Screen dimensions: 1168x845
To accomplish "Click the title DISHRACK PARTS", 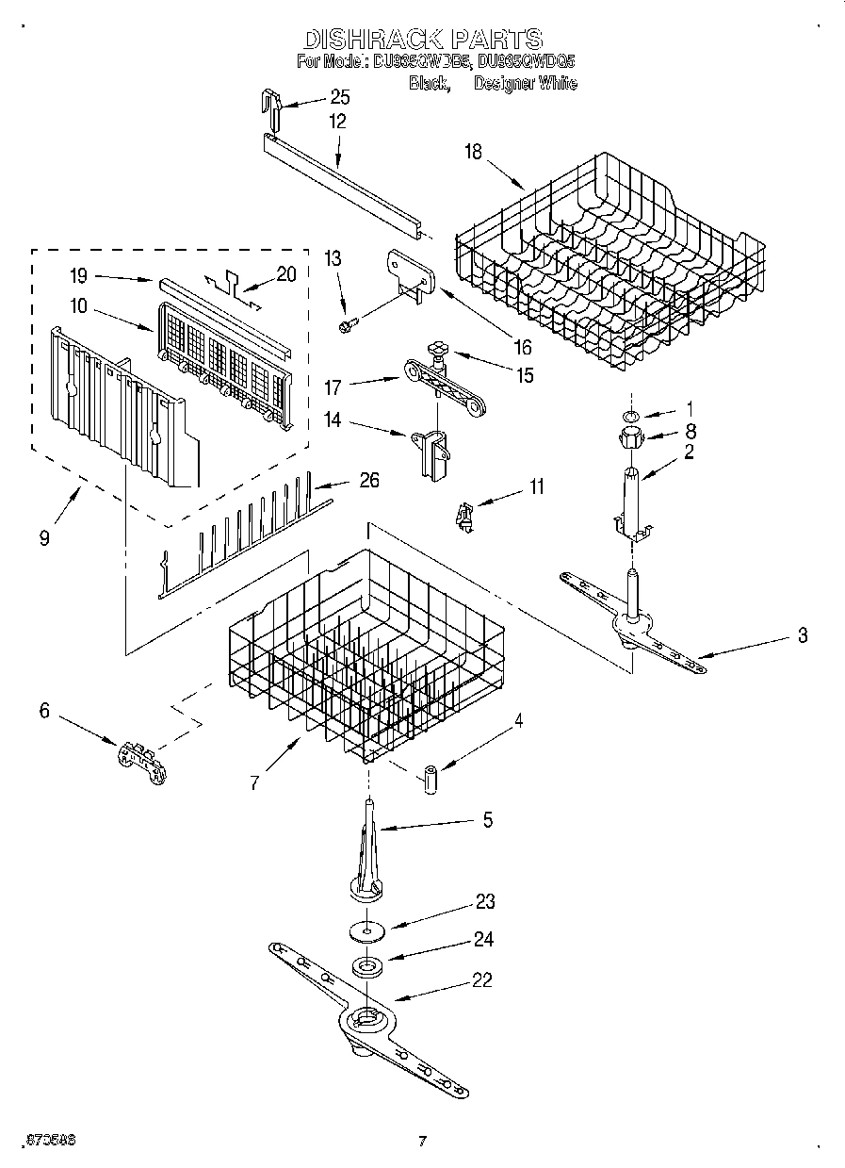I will click(422, 39).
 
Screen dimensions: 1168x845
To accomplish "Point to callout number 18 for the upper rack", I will click(472, 152).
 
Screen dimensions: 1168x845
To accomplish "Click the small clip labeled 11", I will click(463, 517).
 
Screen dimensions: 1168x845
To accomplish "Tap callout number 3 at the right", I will click(802, 635).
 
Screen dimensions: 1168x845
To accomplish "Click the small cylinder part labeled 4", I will click(431, 780).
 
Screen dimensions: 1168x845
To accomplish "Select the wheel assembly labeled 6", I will click(141, 760).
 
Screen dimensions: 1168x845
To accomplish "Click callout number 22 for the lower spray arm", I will click(481, 980).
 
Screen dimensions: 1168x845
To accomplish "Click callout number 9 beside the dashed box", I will click(44, 538).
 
